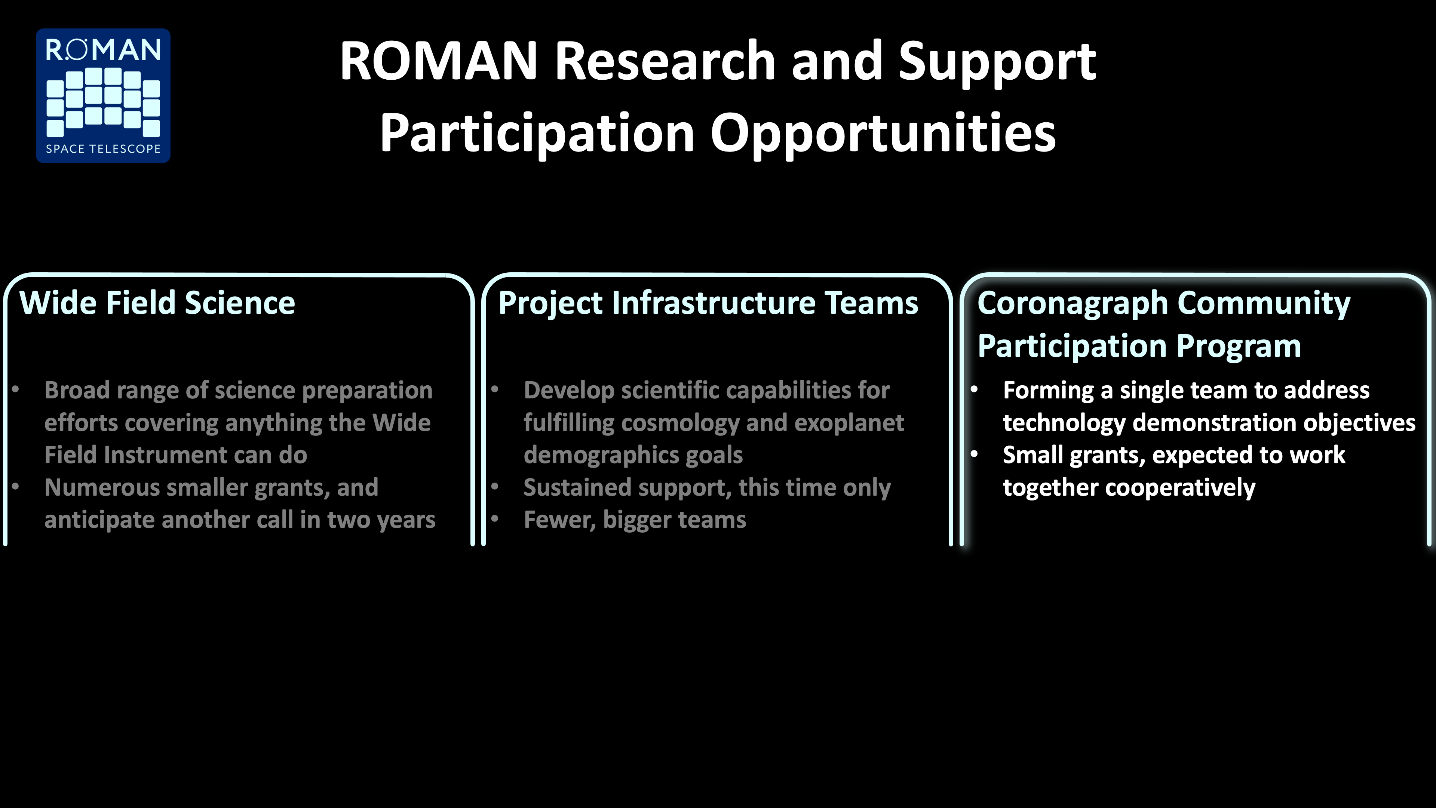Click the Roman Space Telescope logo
pyautogui.click(x=103, y=95)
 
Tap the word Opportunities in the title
pyautogui.click(x=883, y=134)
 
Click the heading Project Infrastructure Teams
pyautogui.click(x=708, y=304)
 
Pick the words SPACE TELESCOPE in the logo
pyautogui.click(x=103, y=149)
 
